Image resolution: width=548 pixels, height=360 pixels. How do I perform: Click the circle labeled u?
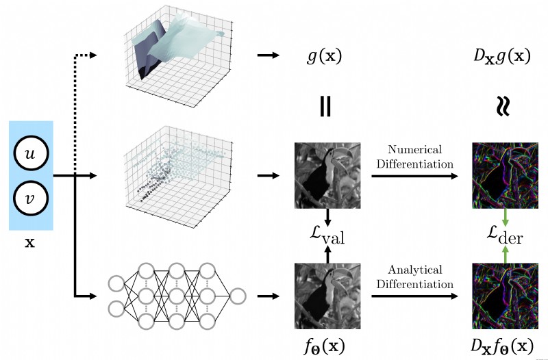[x=31, y=153]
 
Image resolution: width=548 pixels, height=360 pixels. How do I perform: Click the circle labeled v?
[x=31, y=198]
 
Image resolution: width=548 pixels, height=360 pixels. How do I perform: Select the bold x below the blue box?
[x=30, y=242]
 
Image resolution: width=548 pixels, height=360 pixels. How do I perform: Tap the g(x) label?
[x=324, y=56]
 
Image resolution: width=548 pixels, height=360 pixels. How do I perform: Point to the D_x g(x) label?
[x=502, y=56]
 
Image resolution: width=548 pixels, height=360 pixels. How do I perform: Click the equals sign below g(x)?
[x=325, y=106]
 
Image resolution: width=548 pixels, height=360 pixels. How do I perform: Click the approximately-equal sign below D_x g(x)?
[x=503, y=106]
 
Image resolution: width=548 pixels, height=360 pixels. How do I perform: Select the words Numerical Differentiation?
[x=415, y=157]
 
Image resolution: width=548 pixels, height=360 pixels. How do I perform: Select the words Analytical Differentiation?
[x=415, y=277]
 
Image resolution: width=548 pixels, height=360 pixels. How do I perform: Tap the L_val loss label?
[x=327, y=236]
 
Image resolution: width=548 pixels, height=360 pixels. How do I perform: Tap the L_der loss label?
[x=505, y=236]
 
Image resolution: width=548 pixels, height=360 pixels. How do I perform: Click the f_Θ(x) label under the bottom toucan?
[x=324, y=346]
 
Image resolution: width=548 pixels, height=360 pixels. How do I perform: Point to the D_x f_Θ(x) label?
[x=503, y=346]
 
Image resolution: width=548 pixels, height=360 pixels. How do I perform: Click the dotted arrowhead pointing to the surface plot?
[x=92, y=55]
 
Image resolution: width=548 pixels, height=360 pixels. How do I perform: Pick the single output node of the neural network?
[x=238, y=296]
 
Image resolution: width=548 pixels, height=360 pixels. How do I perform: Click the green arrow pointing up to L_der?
[x=505, y=254]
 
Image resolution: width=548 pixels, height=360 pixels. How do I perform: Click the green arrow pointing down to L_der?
[x=505, y=218]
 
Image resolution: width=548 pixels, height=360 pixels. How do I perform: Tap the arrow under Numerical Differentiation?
[x=414, y=176]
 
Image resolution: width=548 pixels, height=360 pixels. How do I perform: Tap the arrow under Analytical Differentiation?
[x=414, y=296]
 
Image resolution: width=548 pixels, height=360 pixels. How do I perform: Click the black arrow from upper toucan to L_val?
[x=327, y=218]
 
